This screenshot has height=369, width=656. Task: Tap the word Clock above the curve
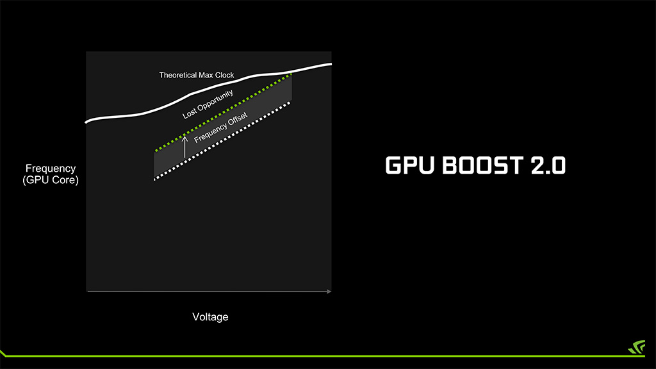225,76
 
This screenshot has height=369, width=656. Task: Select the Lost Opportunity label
208,104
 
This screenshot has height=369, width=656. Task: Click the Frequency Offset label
221,127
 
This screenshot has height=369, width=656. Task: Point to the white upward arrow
184,147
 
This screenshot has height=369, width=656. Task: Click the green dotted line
223,112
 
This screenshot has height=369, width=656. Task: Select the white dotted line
222,141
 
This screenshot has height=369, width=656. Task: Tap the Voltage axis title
210,316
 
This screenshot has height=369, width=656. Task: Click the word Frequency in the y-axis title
51,168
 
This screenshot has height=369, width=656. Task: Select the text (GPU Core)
51,180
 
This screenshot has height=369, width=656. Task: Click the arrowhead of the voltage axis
329,291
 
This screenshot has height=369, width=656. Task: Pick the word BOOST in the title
482,165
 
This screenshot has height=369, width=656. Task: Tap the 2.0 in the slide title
548,165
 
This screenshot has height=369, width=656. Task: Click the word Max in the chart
206,76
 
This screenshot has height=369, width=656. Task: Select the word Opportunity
215,100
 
